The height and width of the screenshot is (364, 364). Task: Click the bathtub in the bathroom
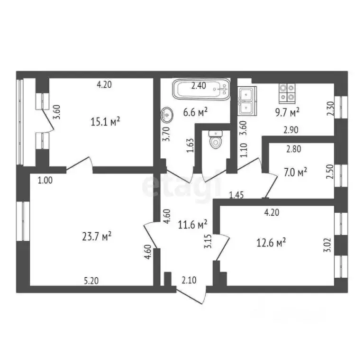[x=201, y=89]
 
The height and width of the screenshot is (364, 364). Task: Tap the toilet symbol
[x=215, y=139]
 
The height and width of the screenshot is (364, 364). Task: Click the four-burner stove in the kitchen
[x=287, y=92]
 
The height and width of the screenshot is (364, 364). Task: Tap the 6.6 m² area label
[x=197, y=112]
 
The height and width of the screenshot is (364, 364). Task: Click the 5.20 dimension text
[x=92, y=281]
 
